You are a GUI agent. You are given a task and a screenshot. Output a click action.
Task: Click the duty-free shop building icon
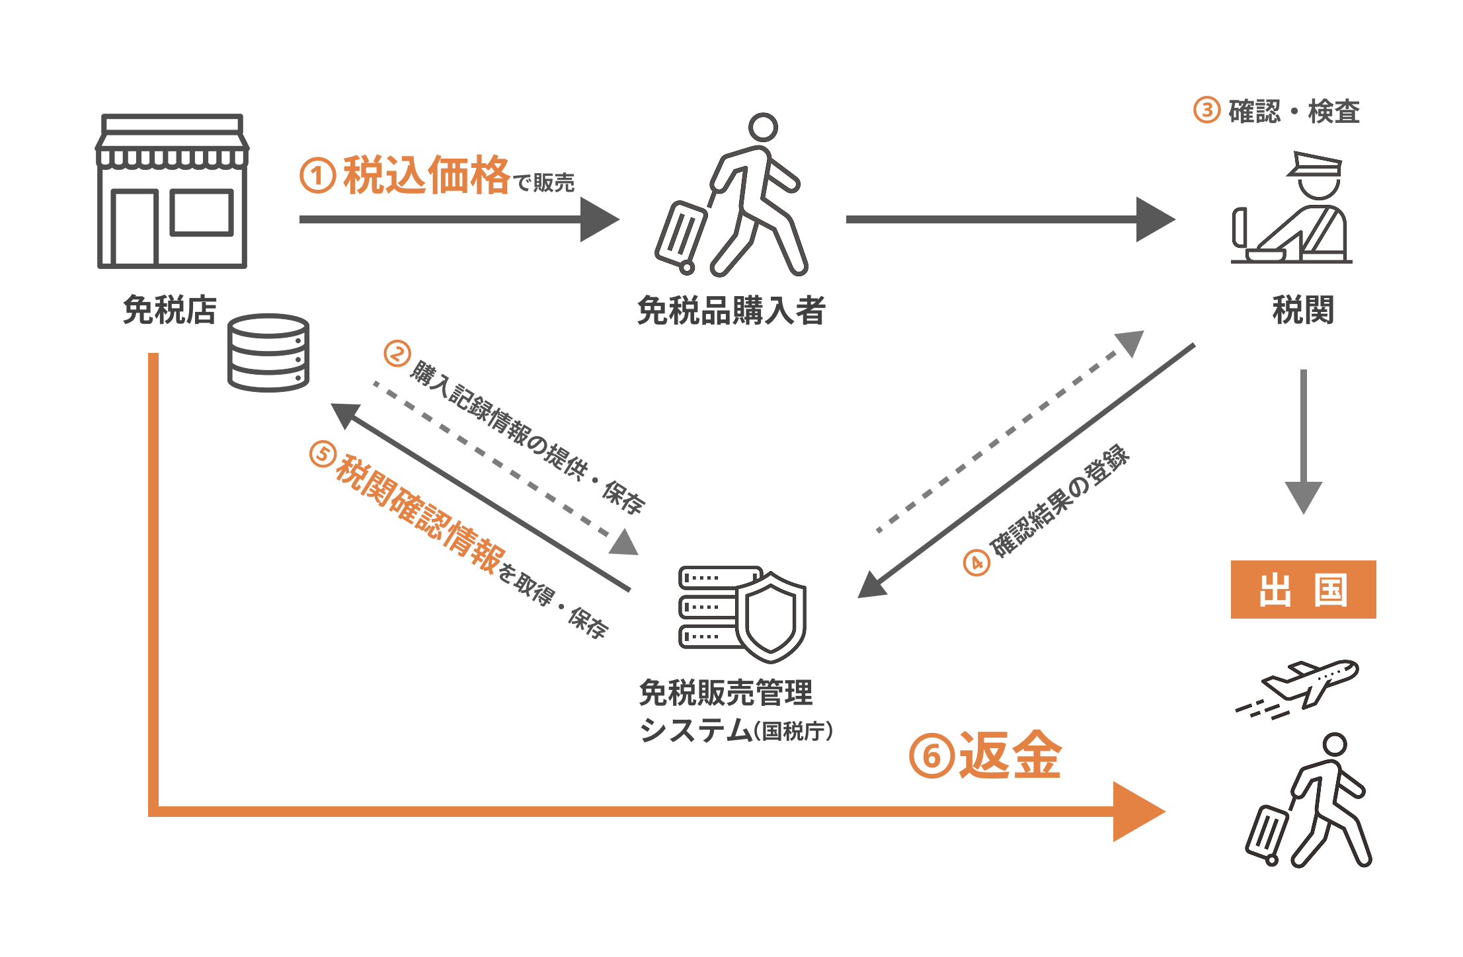click(x=172, y=191)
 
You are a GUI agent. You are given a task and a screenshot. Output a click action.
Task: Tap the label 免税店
click(x=170, y=310)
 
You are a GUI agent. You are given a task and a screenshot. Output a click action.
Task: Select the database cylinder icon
click(x=268, y=353)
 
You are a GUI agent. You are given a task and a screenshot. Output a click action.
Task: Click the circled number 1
click(x=317, y=176)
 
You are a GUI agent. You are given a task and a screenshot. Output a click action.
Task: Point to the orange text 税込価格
click(x=426, y=176)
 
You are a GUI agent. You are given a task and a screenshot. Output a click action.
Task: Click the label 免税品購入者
click(x=731, y=311)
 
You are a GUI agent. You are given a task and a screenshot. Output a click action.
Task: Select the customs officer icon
click(x=1292, y=209)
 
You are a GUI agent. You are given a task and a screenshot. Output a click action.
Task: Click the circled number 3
click(x=1206, y=110)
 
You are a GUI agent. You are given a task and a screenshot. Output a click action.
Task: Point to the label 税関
click(x=1303, y=310)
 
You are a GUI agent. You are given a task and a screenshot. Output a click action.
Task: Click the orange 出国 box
click(x=1303, y=590)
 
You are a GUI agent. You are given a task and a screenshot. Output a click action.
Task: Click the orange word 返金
click(x=1010, y=756)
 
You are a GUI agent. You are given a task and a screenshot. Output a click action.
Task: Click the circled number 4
click(x=976, y=563)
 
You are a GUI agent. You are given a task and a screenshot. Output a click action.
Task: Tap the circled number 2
click(x=397, y=354)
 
